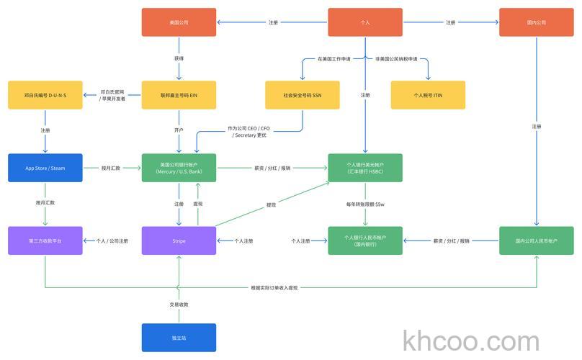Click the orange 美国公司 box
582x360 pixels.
179,22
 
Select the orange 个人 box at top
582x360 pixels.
365,22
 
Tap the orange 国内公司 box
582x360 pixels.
537,22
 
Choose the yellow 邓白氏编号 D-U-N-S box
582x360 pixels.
45,95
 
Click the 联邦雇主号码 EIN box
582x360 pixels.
179,95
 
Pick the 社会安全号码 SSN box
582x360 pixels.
302,95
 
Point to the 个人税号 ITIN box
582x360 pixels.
428,95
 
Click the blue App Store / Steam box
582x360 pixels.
45,168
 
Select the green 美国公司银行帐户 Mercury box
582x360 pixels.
179,168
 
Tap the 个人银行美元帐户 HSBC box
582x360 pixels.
365,168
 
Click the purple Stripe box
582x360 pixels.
179,240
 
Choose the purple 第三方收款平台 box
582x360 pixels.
45,240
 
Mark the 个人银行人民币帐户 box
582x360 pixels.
365,240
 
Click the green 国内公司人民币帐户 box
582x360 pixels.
537,240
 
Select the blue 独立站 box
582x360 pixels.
179,338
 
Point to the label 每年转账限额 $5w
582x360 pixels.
365,204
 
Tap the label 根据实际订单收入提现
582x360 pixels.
274,288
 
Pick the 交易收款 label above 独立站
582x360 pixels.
179,305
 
